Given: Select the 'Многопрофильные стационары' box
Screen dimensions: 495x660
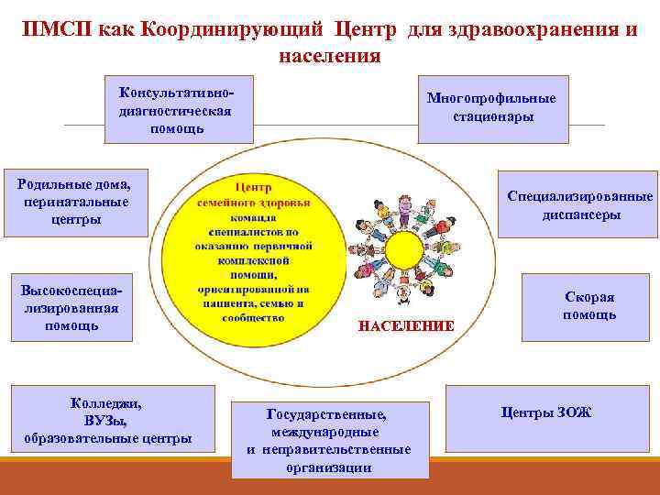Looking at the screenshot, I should [492, 108].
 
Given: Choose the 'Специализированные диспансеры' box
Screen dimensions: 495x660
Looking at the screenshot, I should [578, 205].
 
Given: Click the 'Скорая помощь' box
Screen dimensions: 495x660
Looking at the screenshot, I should [589, 307].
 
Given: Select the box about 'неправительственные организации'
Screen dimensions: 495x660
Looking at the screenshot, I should [329, 440].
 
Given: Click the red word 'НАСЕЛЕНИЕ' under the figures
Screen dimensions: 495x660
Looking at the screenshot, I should [393, 325].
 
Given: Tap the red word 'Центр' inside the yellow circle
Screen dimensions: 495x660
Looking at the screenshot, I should [254, 187].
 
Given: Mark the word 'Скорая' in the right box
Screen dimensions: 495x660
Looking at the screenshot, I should [589, 298].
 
